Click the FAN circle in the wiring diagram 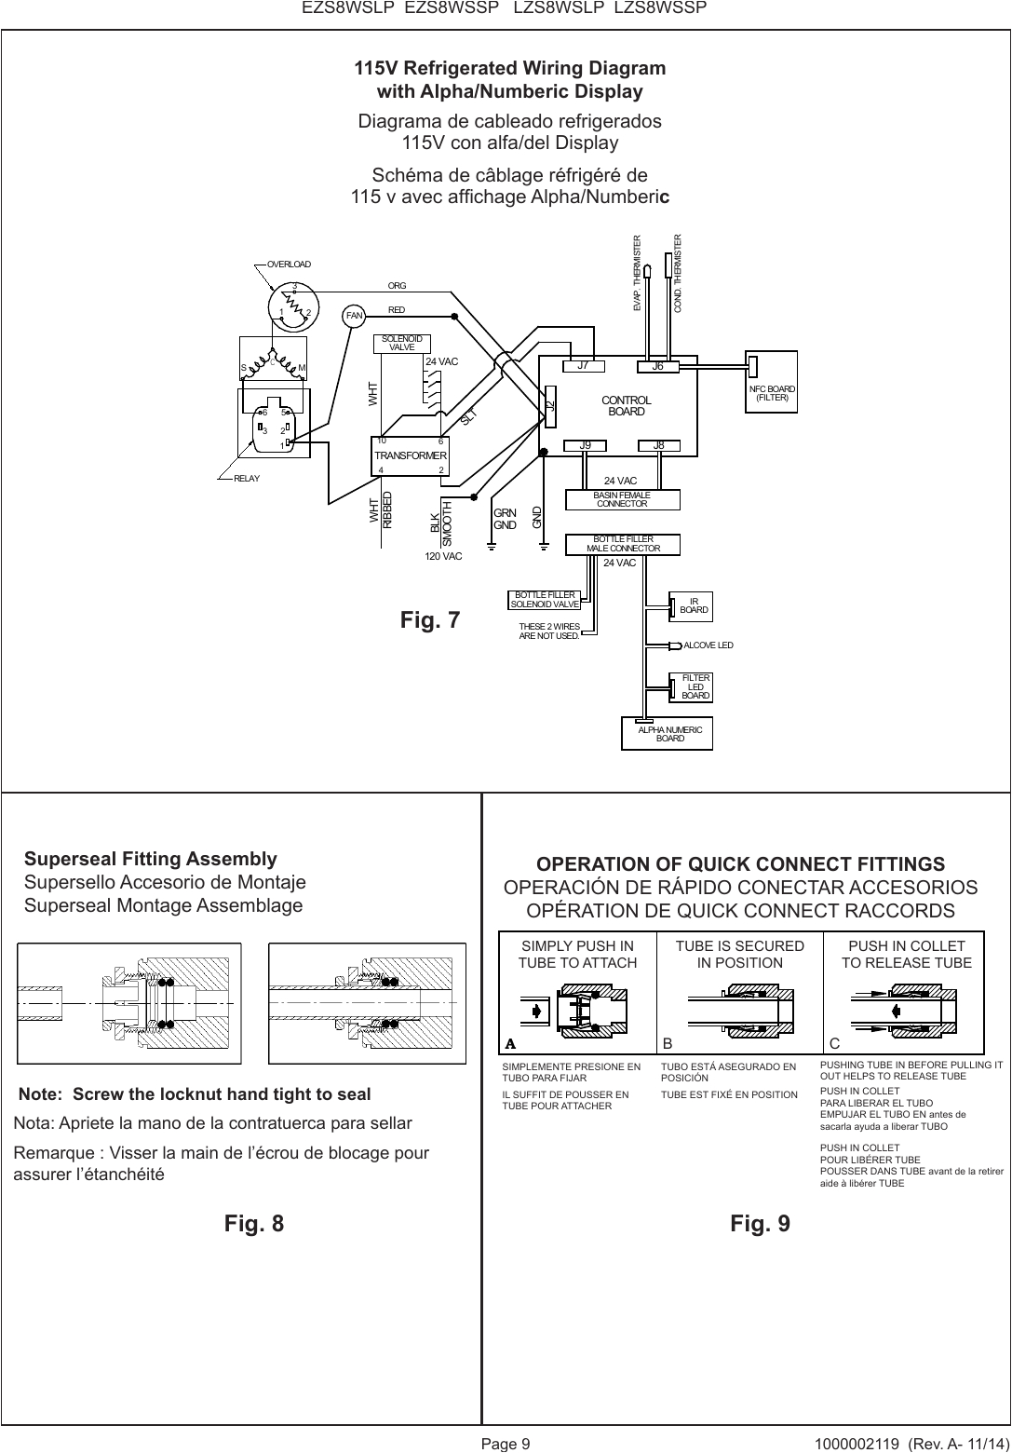point(354,316)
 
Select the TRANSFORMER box point(411,455)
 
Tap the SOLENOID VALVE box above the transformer point(402,343)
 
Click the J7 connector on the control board point(584,366)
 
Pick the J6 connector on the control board point(657,366)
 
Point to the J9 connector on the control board point(585,445)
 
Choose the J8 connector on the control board point(659,445)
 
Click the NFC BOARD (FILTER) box point(772,393)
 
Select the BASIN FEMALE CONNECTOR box point(622,499)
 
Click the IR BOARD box point(693,606)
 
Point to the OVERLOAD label point(289,265)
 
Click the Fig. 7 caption point(430,619)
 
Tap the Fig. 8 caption point(254,1223)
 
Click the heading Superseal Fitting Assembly point(151,858)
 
